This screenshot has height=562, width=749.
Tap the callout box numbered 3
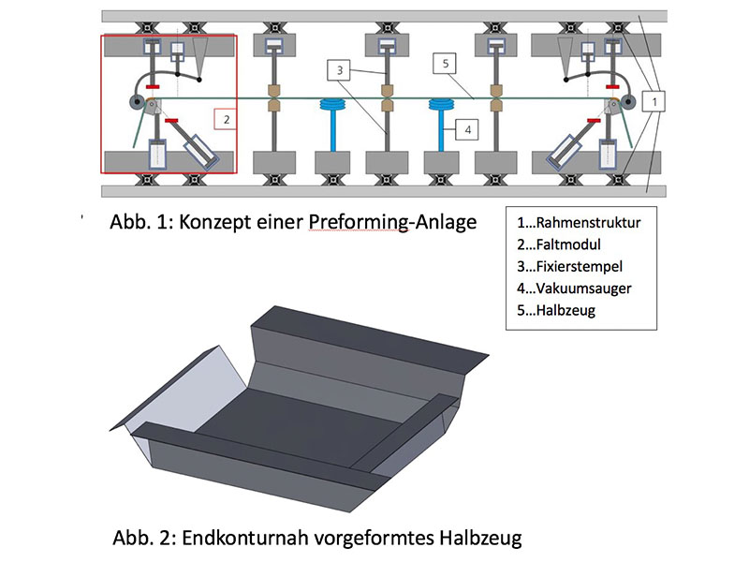coord(338,69)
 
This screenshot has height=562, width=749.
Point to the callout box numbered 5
coord(448,64)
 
